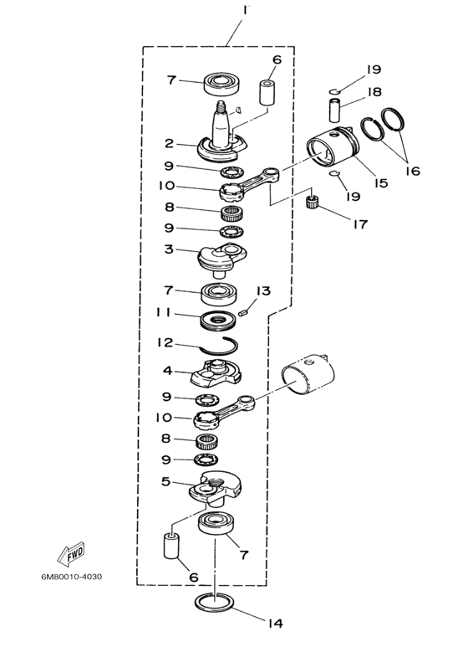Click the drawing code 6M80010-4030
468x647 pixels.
pos(73,578)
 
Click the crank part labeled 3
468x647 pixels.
pos(220,256)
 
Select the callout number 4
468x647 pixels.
pos(168,369)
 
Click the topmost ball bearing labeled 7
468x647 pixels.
pos(219,83)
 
